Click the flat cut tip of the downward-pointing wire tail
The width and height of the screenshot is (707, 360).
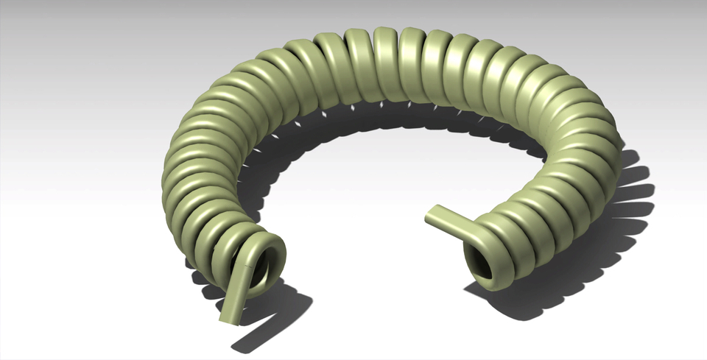pos(228,319)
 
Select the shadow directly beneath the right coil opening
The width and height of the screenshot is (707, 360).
pos(508,306)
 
